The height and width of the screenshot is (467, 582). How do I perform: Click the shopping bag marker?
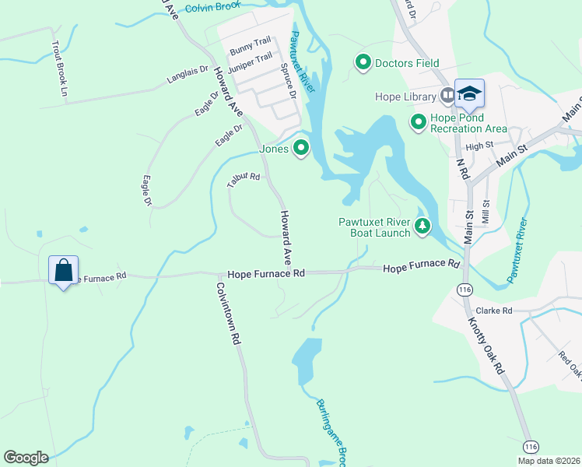pyautogui.click(x=63, y=272)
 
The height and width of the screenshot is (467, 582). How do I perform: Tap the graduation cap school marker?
pyautogui.click(x=469, y=95)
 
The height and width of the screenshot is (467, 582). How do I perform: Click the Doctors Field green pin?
pyautogui.click(x=363, y=61)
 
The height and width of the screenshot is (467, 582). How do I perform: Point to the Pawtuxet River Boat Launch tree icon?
pyautogui.click(x=422, y=226)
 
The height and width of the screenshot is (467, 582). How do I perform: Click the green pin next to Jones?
pyautogui.click(x=300, y=148)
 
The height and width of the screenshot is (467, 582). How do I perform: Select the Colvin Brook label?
pyautogui.click(x=213, y=6)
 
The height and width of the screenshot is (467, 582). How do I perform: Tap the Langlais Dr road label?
pyautogui.click(x=188, y=75)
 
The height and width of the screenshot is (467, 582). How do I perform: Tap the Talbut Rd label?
pyautogui.click(x=243, y=180)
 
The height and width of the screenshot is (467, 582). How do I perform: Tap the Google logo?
pyautogui.click(x=26, y=458)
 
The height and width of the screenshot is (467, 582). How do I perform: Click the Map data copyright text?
pyautogui.click(x=549, y=461)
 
